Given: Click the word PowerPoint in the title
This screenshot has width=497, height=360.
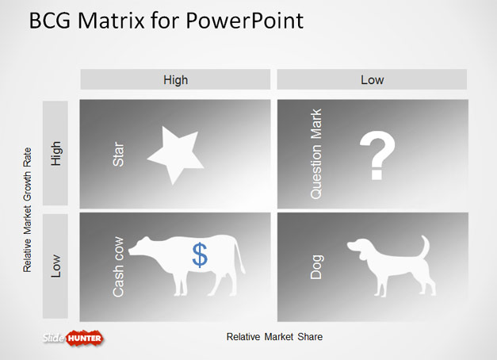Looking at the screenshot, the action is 244,21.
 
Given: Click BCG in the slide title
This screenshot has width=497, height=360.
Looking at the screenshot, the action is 50,21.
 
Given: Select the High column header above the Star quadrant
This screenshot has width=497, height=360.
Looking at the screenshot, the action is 176,79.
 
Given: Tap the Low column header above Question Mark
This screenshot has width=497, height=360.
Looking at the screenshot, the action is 372,79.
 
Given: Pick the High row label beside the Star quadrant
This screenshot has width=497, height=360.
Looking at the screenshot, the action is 55,153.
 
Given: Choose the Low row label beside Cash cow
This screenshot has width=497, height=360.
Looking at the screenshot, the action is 55,266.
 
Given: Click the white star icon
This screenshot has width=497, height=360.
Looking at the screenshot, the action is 175,155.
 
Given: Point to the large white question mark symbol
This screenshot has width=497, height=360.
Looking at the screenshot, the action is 377,155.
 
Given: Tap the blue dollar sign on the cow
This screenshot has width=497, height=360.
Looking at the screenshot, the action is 200,255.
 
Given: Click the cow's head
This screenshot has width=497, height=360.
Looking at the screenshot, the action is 140,246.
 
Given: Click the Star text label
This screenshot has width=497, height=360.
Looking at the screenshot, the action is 118,154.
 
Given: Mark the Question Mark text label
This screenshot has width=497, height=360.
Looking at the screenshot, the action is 316,154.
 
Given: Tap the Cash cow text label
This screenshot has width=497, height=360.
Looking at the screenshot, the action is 118,266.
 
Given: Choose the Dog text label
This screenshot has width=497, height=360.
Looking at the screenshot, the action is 316,267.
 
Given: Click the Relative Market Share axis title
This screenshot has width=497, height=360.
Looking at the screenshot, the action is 274,336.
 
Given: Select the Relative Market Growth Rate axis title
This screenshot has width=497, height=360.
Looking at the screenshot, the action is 27,210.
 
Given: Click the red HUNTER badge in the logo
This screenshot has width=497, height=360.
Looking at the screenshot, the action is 85,338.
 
